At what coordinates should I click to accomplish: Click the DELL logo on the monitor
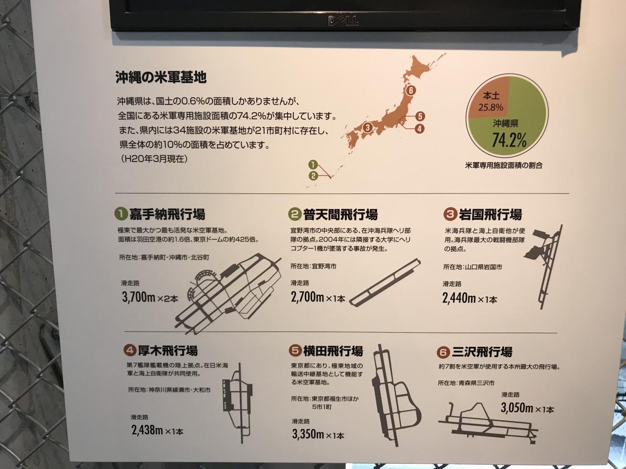click(x=343, y=21)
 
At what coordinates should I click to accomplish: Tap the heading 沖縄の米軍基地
click(x=161, y=78)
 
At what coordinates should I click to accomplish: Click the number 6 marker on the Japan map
click(x=410, y=90)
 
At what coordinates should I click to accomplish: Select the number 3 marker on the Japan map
click(x=367, y=128)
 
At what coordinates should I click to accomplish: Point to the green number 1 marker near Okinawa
click(x=313, y=165)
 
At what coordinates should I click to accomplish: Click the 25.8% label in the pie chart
click(x=491, y=107)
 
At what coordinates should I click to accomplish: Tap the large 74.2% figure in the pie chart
click(x=509, y=140)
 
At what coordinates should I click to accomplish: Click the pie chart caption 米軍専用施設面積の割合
click(x=504, y=166)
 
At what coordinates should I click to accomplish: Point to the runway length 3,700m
click(x=138, y=298)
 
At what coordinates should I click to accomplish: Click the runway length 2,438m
click(x=147, y=430)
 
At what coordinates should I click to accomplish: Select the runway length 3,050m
click(x=517, y=408)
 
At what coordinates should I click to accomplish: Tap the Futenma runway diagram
click(x=385, y=282)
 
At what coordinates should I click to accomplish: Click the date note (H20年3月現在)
click(x=154, y=159)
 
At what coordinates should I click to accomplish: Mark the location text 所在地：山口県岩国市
click(x=472, y=267)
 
